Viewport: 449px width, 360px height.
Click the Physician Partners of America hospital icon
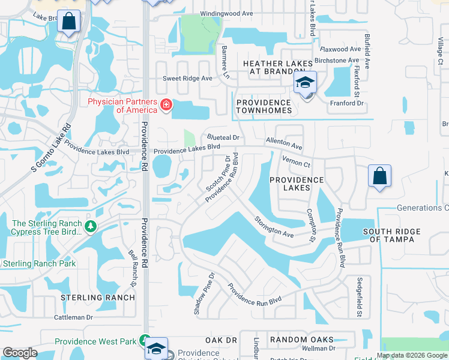(x=166, y=106)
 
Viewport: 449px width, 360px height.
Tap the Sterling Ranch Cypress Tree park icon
(x=91, y=226)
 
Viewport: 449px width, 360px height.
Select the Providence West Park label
(x=95, y=341)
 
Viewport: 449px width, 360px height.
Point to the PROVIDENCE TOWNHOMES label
(x=264, y=106)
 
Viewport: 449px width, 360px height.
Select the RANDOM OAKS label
(x=302, y=340)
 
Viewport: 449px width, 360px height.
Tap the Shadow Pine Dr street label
(x=202, y=295)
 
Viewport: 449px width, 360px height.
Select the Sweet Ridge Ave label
(x=188, y=79)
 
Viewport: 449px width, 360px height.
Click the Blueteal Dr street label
(x=223, y=137)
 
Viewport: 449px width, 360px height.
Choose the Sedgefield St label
(x=359, y=296)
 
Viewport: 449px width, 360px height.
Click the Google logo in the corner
(x=20, y=353)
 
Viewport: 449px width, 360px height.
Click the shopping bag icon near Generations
(x=379, y=176)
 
